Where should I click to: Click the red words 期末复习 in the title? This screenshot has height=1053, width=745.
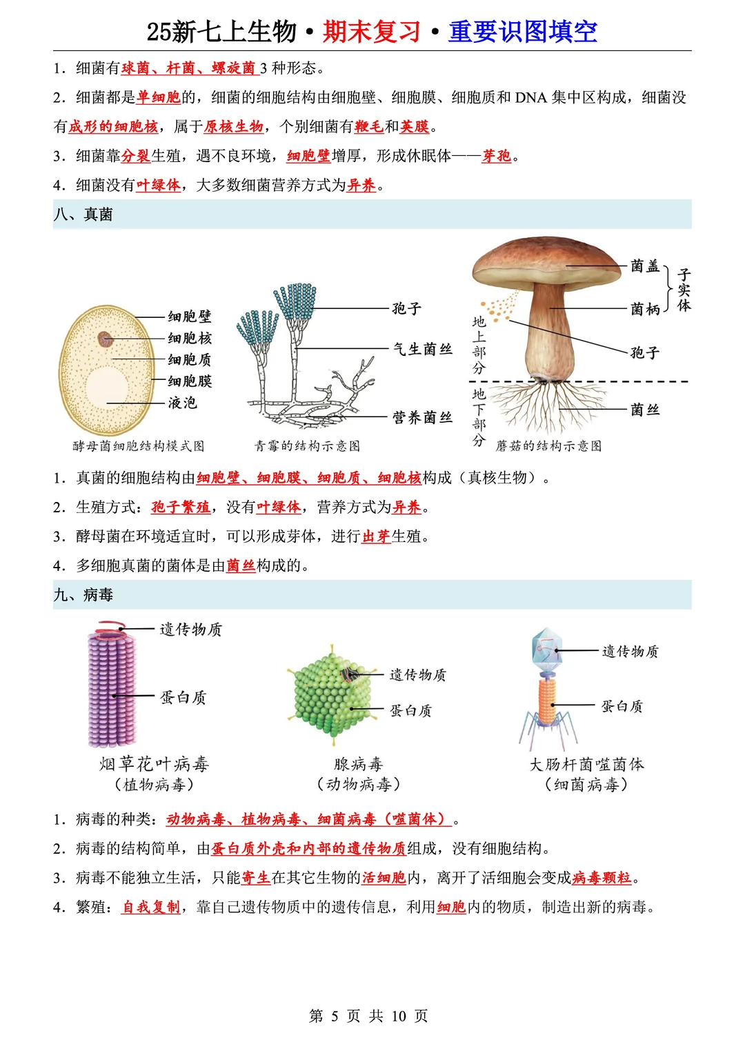pos(371,32)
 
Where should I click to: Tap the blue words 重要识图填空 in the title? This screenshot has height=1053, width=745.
pos(523,32)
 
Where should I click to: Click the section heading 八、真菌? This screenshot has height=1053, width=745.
pos(83,214)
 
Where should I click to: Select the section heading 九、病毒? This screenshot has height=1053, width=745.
pos(83,594)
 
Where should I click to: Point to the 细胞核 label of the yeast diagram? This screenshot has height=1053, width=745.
pos(190,338)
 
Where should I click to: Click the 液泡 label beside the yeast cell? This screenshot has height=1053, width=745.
pos(182,403)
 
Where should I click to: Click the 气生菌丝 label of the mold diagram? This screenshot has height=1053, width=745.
pos(422,349)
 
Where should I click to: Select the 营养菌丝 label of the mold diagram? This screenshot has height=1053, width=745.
pos(422,417)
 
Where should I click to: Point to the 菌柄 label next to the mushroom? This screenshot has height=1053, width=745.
pos(645,309)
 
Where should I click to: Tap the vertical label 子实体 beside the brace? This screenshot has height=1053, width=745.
pos(684,290)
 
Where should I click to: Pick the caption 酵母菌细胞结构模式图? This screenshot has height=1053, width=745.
pos(139,446)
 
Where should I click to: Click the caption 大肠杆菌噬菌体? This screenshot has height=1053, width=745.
pos(586,764)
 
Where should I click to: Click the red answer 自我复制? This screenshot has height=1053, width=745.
pos(150,907)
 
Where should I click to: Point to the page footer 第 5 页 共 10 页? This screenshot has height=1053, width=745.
pos(368,1016)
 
